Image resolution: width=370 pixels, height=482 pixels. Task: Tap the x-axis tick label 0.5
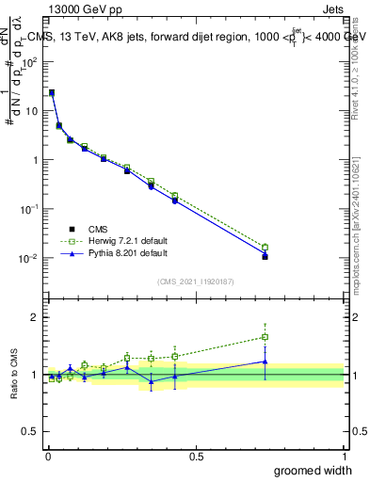(196, 456)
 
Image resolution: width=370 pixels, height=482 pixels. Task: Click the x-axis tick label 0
(48, 456)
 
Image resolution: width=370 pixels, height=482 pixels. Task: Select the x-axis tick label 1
(344, 456)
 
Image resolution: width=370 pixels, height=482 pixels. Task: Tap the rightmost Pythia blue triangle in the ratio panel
(265, 361)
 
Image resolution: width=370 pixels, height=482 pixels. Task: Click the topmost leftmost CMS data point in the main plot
(51, 93)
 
